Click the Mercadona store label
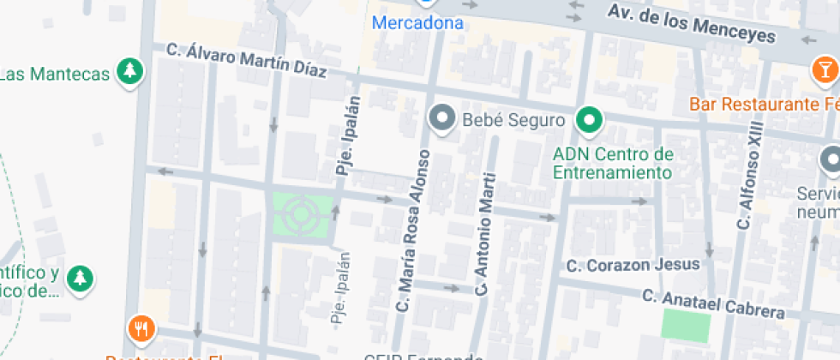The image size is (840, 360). [417, 23]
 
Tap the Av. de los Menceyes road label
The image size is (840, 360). [690, 24]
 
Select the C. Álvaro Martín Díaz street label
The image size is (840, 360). [247, 62]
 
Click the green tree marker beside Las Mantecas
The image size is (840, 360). [129, 72]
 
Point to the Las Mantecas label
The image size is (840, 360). [56, 74]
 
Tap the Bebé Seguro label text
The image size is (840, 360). [513, 120]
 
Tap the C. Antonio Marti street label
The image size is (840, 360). [485, 234]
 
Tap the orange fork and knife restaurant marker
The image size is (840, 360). [141, 328]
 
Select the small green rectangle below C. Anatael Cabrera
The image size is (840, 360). [686, 327]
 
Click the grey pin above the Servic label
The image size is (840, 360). [831, 159]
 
